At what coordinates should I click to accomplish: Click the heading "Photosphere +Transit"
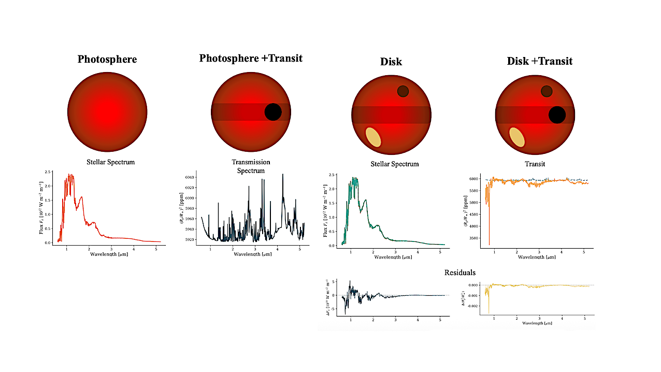(251, 58)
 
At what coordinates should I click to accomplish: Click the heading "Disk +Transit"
(539, 61)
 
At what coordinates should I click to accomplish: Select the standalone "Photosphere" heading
(107, 59)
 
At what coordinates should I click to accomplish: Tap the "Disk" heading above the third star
(391, 62)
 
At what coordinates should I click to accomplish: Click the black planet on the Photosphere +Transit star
(273, 112)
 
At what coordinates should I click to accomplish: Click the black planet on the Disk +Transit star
(557, 115)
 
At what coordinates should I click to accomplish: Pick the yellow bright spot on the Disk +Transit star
(517, 137)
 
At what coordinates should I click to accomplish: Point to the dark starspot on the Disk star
(403, 91)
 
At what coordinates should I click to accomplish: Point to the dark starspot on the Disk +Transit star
(547, 91)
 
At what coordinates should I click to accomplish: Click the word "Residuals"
(460, 273)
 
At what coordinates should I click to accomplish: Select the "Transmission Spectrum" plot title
(251, 166)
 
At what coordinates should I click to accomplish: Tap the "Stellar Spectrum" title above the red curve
(110, 162)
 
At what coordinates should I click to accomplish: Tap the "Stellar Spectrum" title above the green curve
(395, 164)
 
